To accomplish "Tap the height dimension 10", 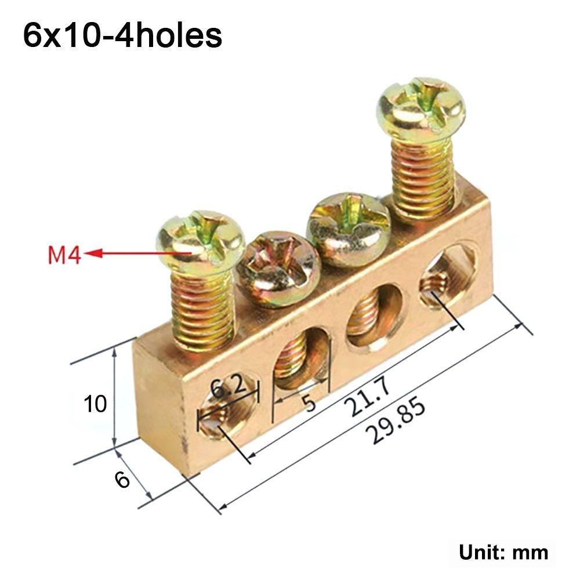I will tap(95, 404).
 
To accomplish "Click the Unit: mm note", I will tap(503, 552).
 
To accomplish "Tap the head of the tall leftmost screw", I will tap(201, 241).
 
